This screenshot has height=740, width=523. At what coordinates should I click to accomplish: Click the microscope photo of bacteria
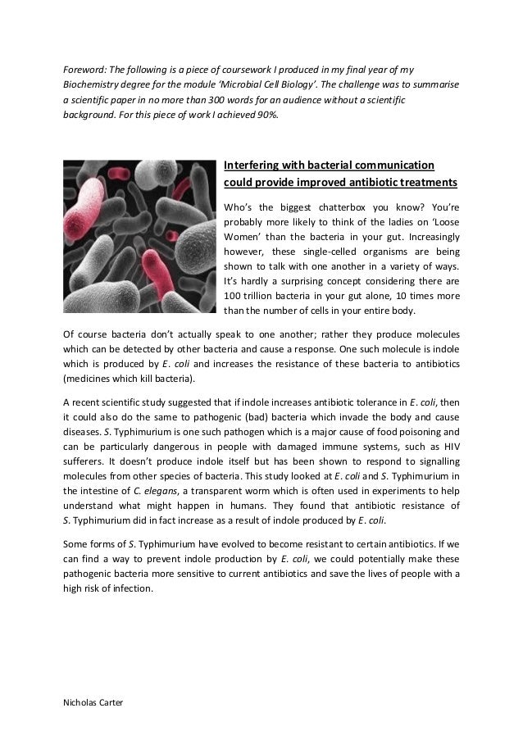(x=139, y=238)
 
